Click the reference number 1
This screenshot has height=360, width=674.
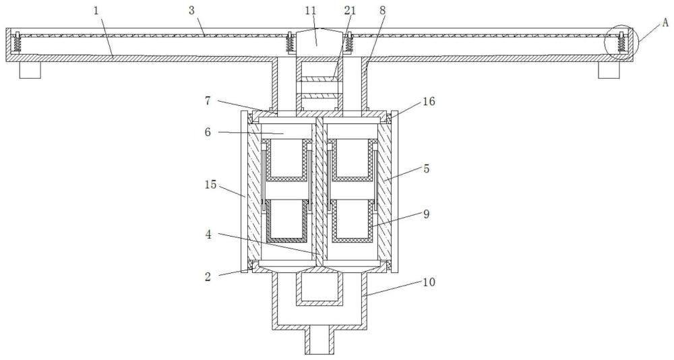[x=96, y=10]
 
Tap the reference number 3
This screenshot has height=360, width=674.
[x=191, y=10]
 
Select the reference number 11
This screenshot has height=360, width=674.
[x=311, y=10]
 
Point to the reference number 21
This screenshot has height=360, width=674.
[x=350, y=10]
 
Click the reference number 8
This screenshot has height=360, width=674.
[x=382, y=10]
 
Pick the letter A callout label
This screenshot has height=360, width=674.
[x=665, y=22]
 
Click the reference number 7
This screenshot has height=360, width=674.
[x=208, y=102]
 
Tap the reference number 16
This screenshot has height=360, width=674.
[x=429, y=102]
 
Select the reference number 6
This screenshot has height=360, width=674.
[x=208, y=132]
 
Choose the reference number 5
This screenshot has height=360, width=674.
[x=426, y=169]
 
